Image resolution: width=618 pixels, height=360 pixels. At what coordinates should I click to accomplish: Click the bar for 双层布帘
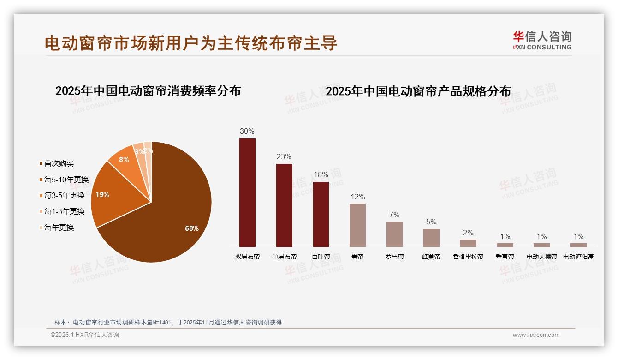point(247,192)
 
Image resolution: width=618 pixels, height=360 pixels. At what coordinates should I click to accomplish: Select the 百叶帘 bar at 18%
point(321,214)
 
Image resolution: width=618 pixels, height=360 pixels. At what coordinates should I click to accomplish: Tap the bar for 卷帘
point(357,225)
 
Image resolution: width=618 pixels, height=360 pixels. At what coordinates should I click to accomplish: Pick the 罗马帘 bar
point(394,234)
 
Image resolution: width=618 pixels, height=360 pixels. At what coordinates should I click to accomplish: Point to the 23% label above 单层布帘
point(284,157)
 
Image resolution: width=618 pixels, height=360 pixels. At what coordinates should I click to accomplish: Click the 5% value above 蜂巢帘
point(431,222)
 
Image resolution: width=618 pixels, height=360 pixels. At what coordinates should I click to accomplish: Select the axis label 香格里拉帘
point(468,257)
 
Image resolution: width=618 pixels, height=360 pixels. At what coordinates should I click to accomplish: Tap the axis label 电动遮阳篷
point(578,257)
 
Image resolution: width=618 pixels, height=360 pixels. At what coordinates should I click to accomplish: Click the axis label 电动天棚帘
point(541,257)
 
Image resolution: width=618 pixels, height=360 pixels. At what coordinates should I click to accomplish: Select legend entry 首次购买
point(59,163)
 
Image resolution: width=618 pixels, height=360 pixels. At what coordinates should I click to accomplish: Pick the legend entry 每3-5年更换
point(64,196)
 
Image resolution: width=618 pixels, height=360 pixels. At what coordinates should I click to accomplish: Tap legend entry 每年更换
point(59,228)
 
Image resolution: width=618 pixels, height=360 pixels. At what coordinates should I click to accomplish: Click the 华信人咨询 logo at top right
point(542,40)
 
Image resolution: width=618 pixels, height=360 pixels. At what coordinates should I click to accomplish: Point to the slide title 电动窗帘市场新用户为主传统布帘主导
point(191,43)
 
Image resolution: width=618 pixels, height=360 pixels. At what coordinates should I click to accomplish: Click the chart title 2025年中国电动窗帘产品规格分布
point(418,91)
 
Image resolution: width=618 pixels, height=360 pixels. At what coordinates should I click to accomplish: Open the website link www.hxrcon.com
point(536,335)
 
